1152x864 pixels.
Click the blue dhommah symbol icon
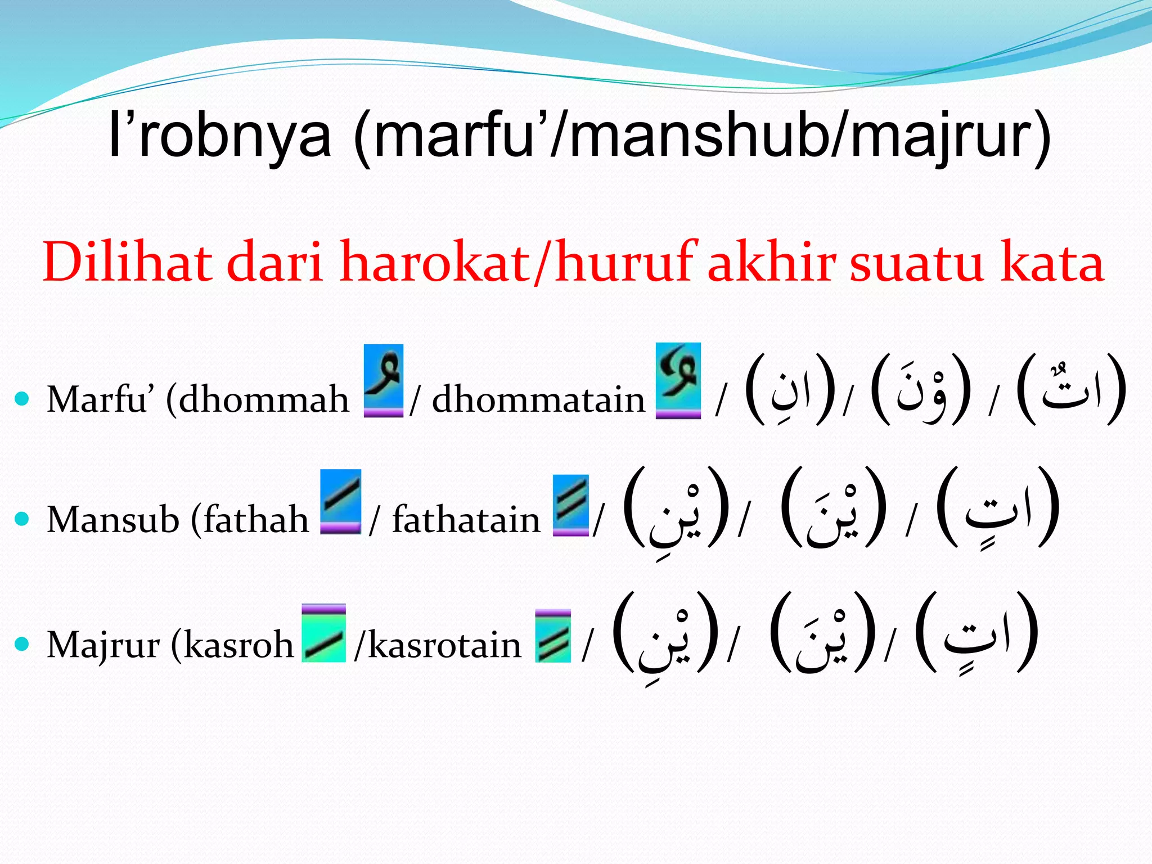coord(384,380)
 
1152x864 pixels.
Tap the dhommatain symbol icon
coord(678,380)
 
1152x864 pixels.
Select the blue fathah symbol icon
coord(340,501)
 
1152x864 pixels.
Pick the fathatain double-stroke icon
coord(570,505)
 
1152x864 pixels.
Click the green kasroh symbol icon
coord(323,633)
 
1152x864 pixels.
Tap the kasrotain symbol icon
coord(553,636)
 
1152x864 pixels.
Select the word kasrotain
coord(444,645)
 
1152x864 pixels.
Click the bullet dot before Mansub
coord(22,519)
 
